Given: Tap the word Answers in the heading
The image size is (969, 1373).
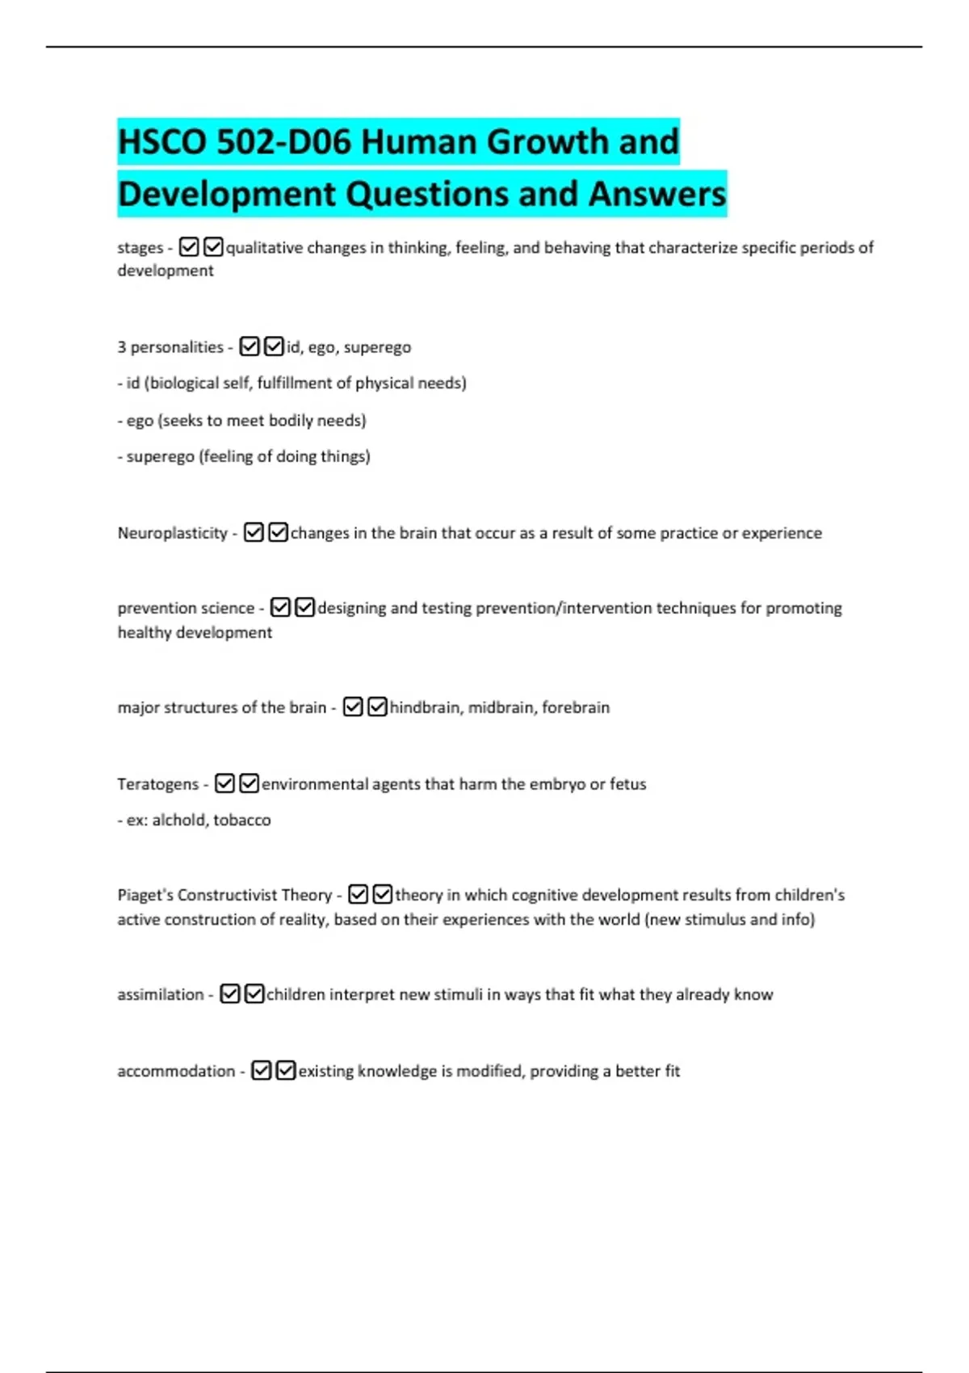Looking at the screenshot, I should tap(657, 195).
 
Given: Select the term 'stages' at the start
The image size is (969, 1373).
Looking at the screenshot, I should tap(140, 248).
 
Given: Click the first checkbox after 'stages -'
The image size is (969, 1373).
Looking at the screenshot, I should tap(189, 247).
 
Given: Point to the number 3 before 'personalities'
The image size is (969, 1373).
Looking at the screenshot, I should tap(122, 347).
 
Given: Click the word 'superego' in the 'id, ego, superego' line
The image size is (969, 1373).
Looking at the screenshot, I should tap(377, 347).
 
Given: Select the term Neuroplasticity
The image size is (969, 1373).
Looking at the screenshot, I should tap(173, 533).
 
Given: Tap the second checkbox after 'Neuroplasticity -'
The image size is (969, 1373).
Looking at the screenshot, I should tap(278, 533).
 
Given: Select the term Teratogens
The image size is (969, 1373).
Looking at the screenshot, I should tap(157, 784).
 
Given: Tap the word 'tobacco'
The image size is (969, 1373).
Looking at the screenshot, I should tap(242, 821).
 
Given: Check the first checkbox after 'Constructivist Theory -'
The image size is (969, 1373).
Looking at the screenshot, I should tap(359, 895).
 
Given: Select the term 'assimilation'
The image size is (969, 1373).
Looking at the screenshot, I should tap(161, 995).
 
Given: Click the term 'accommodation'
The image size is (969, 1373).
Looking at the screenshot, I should tap(176, 1072).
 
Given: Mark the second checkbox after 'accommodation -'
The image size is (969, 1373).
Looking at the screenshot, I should tap(286, 1071).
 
